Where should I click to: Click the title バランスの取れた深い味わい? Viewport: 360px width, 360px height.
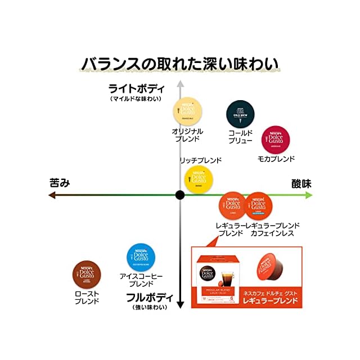point(180,63)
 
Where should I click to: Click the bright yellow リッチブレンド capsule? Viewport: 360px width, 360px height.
point(199,179)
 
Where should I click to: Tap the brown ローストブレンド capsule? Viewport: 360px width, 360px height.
point(87,275)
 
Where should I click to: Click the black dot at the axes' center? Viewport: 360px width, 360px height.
point(180,195)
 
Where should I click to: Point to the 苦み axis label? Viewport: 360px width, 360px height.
point(60,183)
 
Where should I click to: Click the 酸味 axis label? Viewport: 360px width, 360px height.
point(301,183)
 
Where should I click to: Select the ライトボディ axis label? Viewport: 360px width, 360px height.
point(136,88)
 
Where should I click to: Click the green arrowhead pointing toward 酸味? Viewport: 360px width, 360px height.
point(308,195)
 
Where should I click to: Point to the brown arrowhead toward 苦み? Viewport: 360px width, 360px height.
point(52,195)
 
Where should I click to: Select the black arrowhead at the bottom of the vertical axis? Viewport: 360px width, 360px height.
point(180,305)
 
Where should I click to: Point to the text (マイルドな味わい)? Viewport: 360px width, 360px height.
point(136,99)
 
